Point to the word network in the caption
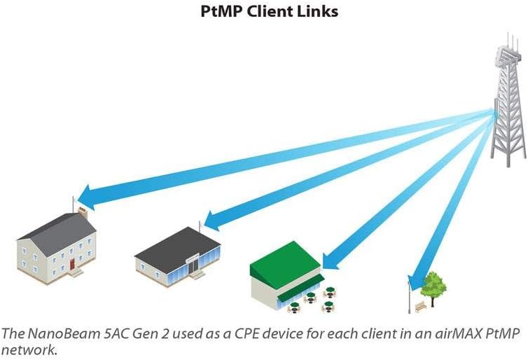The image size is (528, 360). pos(28,350)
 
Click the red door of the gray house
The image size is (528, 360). pos(72,264)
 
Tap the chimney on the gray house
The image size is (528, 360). pos(83,213)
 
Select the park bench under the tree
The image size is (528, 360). pos(421,307)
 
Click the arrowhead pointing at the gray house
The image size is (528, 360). pos(86,198)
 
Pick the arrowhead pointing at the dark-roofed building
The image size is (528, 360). pos(213,221)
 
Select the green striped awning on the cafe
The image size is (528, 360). pos(300,288)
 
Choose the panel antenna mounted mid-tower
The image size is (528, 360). pos(497,109)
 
